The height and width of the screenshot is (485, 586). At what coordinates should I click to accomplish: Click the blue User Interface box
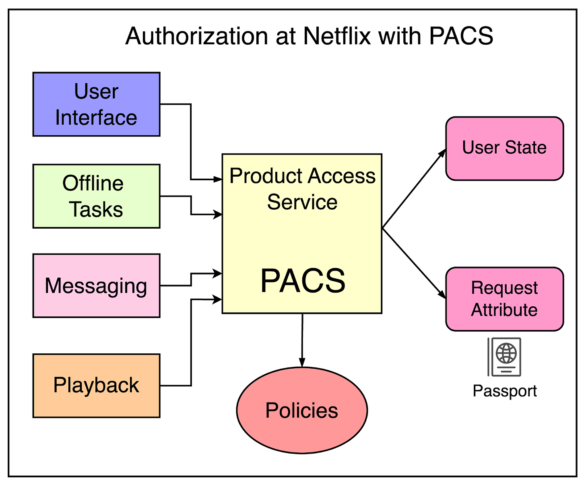pyautogui.click(x=96, y=104)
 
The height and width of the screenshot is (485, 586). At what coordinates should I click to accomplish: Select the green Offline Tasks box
pyautogui.click(x=96, y=196)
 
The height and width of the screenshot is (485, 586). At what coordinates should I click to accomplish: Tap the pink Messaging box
pyautogui.click(x=96, y=285)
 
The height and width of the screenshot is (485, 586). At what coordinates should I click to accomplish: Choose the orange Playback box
pyautogui.click(x=96, y=385)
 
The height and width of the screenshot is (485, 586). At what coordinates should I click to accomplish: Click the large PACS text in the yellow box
pyautogui.click(x=303, y=281)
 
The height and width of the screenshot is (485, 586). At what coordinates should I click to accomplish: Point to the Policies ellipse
pyautogui.click(x=302, y=410)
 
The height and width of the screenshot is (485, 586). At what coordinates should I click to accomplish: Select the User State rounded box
pyautogui.click(x=504, y=148)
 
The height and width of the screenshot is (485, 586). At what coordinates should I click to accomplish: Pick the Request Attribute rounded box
pyautogui.click(x=504, y=299)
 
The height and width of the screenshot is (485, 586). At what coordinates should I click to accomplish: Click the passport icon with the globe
pyautogui.click(x=505, y=357)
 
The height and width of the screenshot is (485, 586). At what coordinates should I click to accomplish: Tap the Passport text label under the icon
pyautogui.click(x=505, y=391)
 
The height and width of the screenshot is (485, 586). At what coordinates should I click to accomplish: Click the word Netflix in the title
pyautogui.click(x=337, y=36)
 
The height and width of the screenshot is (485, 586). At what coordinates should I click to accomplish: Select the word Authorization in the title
pyautogui.click(x=197, y=36)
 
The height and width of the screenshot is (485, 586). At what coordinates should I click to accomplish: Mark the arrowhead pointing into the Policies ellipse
pyautogui.click(x=302, y=362)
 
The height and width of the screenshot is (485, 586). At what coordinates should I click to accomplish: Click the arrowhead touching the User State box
pyautogui.click(x=443, y=153)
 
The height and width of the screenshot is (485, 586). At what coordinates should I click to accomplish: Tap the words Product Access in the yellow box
pyautogui.click(x=302, y=176)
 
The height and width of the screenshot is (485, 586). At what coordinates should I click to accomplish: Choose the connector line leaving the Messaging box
pyautogui.click(x=176, y=285)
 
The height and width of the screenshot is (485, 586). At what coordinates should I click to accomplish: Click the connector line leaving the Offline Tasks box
pyautogui.click(x=176, y=196)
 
